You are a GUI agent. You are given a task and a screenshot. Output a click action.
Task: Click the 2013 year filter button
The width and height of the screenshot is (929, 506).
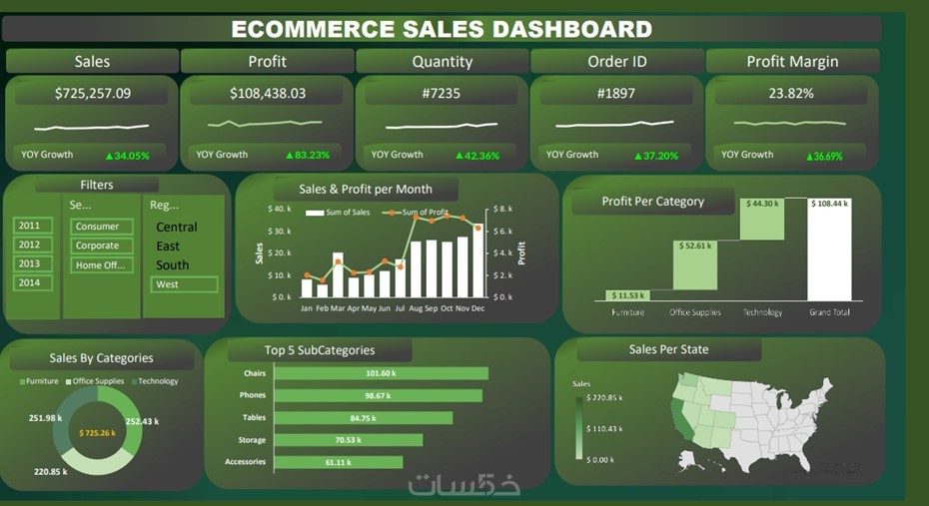[29, 263]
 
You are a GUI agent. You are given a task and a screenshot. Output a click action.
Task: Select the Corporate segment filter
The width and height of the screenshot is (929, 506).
[98, 246]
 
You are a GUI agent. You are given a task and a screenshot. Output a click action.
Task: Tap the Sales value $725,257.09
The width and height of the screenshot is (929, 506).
[93, 94]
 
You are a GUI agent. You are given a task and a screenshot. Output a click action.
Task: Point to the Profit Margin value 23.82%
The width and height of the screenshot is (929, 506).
[791, 94]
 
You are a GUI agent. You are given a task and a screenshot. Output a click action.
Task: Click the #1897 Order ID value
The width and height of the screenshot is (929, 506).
[616, 94]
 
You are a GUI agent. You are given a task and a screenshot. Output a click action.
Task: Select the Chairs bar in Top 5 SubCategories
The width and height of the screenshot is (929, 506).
[381, 373]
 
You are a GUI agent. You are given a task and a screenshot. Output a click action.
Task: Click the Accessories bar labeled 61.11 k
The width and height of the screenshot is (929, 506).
[339, 462]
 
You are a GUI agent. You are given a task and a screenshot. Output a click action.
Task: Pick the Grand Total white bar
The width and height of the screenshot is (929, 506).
[828, 254]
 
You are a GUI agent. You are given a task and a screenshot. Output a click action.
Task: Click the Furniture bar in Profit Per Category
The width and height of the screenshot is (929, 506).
[627, 295]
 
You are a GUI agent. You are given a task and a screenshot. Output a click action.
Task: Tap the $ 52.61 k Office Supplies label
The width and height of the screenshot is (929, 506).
[694, 246]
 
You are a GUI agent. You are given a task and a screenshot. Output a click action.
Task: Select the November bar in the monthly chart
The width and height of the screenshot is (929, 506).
[463, 266]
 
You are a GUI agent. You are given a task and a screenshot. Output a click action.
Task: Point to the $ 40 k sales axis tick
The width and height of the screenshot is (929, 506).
[279, 210]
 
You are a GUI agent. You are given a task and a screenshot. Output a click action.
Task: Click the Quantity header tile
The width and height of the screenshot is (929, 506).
[442, 62]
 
